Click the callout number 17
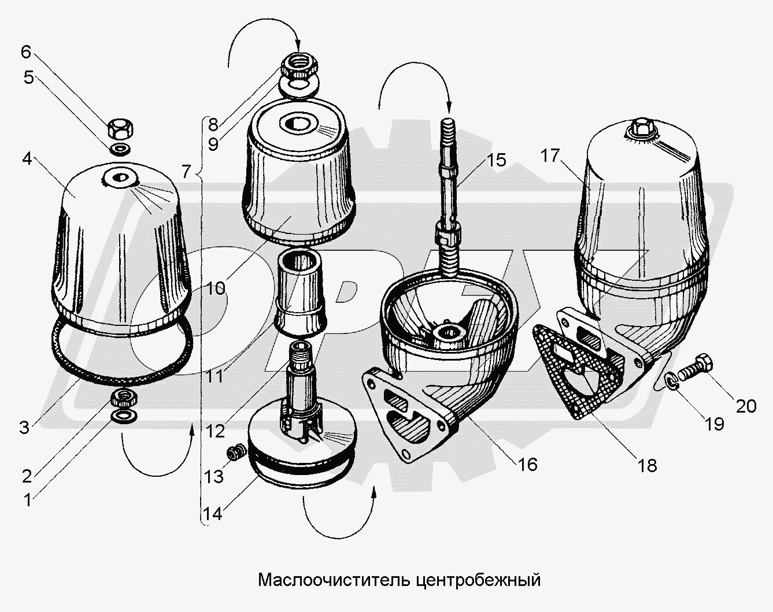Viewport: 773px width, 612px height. click(551, 155)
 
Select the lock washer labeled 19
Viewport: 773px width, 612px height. click(671, 381)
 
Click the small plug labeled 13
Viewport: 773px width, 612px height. click(234, 452)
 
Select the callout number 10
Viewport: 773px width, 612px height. click(216, 287)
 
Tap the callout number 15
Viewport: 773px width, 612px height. click(496, 160)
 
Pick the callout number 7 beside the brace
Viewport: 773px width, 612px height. click(186, 171)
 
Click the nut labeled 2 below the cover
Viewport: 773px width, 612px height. click(124, 397)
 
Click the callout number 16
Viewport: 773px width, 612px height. click(527, 463)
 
